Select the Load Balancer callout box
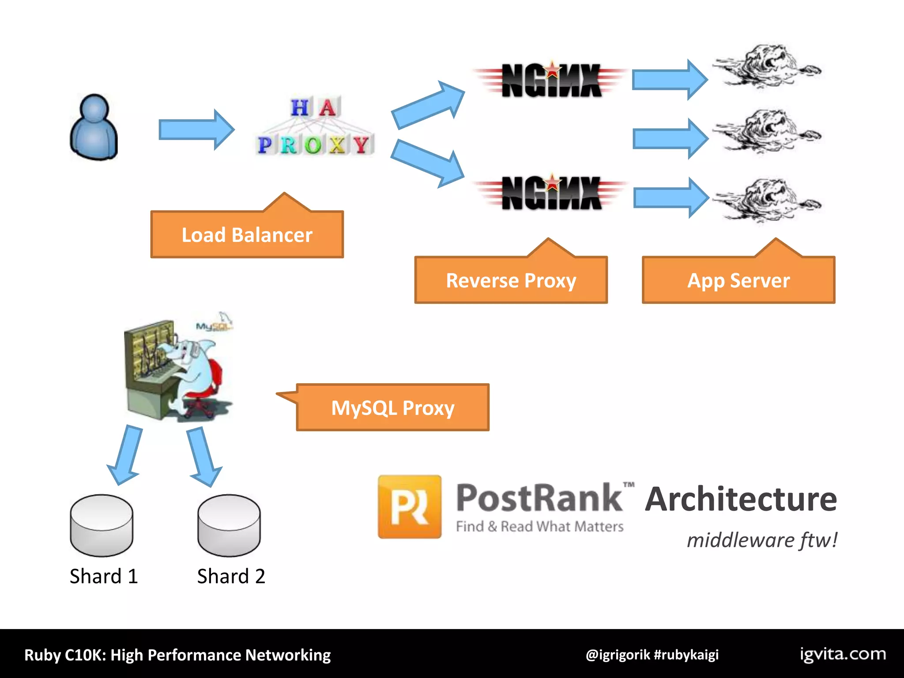247,234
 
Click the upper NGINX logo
551,79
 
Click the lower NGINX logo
551,192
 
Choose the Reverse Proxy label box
511,280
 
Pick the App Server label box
738,280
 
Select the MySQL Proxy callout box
392,407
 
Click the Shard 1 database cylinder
102,525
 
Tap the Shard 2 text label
231,576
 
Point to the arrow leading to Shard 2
203,456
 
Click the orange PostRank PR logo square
409,506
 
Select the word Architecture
741,499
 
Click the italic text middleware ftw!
761,540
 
